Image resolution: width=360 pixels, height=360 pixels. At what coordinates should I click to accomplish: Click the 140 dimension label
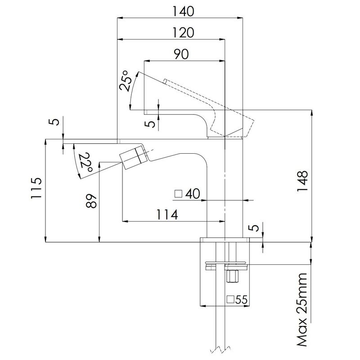coord(183,11)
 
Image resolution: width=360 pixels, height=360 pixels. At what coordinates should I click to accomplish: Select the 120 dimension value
coord(183,32)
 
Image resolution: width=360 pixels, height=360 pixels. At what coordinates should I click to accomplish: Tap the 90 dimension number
coord(181,54)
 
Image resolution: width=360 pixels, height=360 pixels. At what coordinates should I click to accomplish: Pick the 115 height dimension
coord(36,188)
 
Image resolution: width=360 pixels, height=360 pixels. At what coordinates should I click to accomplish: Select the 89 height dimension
coord(91,202)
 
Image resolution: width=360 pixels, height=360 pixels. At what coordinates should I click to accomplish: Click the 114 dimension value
coord(167,215)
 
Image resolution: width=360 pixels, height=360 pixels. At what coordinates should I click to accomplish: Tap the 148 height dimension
coord(302,181)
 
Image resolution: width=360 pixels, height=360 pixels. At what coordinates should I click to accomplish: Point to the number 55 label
coord(241,300)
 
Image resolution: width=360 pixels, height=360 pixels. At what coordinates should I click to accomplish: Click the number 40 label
coord(193,194)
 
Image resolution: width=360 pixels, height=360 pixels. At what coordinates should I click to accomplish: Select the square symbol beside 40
coord(178,194)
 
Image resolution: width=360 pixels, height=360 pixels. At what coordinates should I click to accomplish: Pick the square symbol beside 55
coord(230,299)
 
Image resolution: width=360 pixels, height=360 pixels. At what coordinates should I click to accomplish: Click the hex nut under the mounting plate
coord(232,276)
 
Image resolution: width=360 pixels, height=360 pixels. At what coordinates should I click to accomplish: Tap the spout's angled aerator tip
coord(133,158)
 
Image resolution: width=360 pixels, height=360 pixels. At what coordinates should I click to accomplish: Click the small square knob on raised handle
coord(165,81)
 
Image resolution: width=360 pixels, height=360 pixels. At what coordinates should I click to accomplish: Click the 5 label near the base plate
coord(254,228)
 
